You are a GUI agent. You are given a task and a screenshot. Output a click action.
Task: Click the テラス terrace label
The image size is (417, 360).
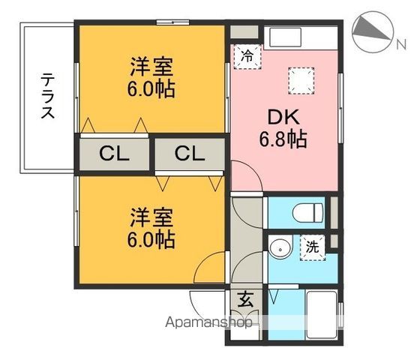click(x=46, y=96)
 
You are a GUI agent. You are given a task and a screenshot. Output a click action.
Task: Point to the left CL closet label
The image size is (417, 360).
click(x=115, y=154)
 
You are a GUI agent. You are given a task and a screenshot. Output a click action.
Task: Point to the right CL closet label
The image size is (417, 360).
click(x=190, y=154)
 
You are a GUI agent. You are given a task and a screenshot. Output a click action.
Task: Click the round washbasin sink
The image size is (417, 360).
click(x=280, y=247)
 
